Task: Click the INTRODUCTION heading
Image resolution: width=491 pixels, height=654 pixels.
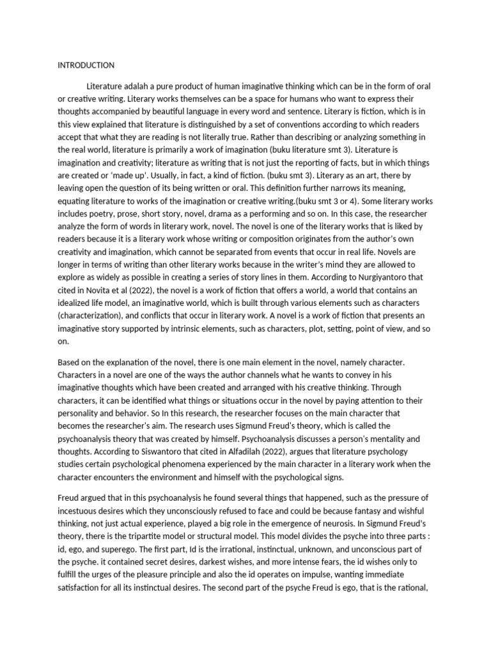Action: click(x=86, y=65)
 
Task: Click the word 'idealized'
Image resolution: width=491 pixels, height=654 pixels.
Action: click(x=79, y=302)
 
